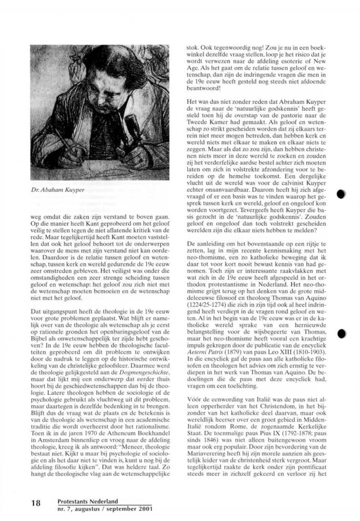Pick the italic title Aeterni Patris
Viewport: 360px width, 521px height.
pyautogui.click(x=207, y=352)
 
